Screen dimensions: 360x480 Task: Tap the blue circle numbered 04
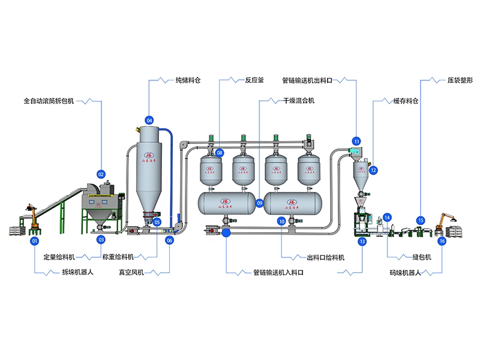(149, 119)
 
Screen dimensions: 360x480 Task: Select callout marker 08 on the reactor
(220, 153)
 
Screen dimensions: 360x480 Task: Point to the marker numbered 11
(357, 142)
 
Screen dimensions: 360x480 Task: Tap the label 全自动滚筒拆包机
(49, 101)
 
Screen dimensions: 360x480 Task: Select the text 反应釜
(254, 79)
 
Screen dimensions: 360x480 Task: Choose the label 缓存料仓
(405, 101)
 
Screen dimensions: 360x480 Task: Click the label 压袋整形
(460, 79)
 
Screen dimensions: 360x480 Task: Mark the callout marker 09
(260, 203)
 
